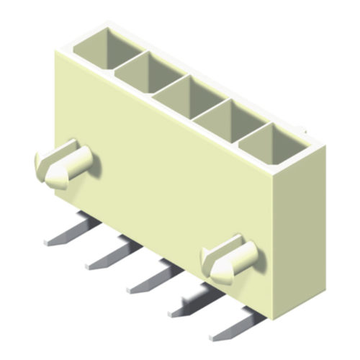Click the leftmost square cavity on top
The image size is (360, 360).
(108, 48)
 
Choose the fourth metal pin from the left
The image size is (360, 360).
(194, 302)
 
